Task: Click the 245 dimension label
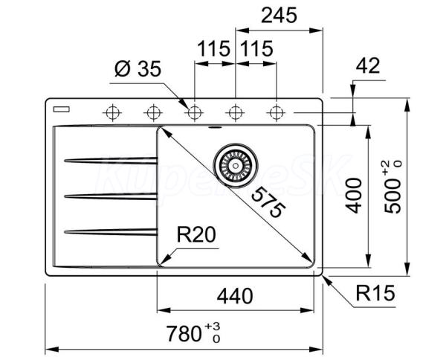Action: pos(279,15)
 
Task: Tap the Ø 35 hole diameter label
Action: pos(138,68)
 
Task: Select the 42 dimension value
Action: pos(368,65)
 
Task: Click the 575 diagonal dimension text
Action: pos(268,202)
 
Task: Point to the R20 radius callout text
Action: pos(196,235)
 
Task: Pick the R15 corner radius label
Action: pos(375,293)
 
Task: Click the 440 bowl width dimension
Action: pos(235,296)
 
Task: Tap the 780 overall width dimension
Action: pos(193,332)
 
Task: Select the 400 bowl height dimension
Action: pos(354,196)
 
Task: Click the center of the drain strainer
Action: pos(236,166)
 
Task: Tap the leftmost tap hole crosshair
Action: pos(112,113)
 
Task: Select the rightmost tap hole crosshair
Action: pos(276,113)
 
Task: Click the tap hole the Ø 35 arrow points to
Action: pos(194,113)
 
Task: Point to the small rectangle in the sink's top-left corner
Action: pos(62,109)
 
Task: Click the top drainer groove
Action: pos(111,161)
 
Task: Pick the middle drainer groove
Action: pos(111,196)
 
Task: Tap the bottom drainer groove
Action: pos(111,232)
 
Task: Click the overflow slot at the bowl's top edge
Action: pos(215,127)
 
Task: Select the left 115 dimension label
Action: pos(213,49)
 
